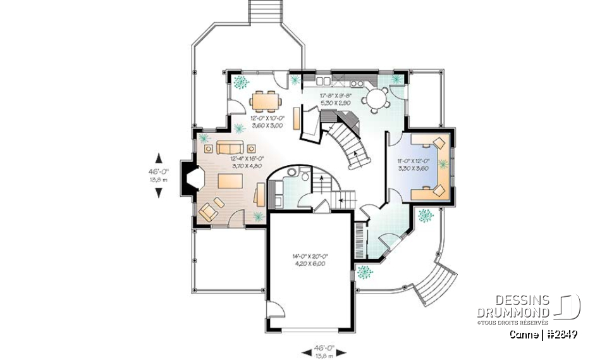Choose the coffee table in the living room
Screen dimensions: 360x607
click(231, 180)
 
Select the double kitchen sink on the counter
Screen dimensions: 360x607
click(323, 81)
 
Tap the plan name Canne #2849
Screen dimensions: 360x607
click(543, 334)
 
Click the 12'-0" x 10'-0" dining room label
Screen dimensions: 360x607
click(267, 122)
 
